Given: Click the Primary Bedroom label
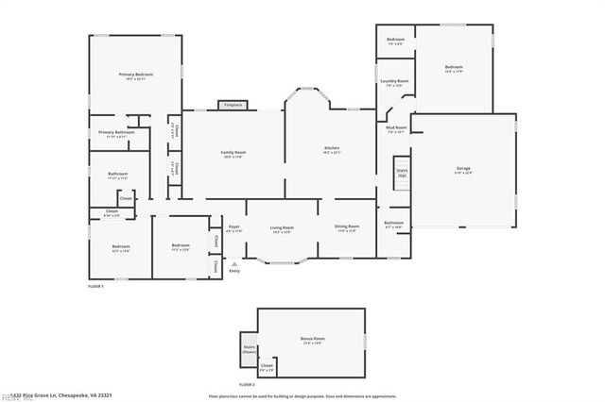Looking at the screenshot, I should click(136, 75).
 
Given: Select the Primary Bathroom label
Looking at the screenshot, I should click(116, 133).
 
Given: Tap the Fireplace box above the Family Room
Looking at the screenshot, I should click(233, 105).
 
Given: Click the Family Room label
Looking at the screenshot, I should click(233, 153).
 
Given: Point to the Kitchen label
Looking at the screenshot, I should click(332, 148).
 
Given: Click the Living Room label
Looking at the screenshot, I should click(282, 227).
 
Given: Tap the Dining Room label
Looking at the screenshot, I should click(347, 227).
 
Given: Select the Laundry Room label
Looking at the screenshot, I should click(394, 82).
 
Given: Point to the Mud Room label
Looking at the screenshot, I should click(396, 128).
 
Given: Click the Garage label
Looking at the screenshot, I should click(463, 169).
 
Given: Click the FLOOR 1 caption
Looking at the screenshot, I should click(95, 285).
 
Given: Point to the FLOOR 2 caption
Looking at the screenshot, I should click(247, 385).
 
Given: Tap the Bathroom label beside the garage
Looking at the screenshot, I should click(393, 225).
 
